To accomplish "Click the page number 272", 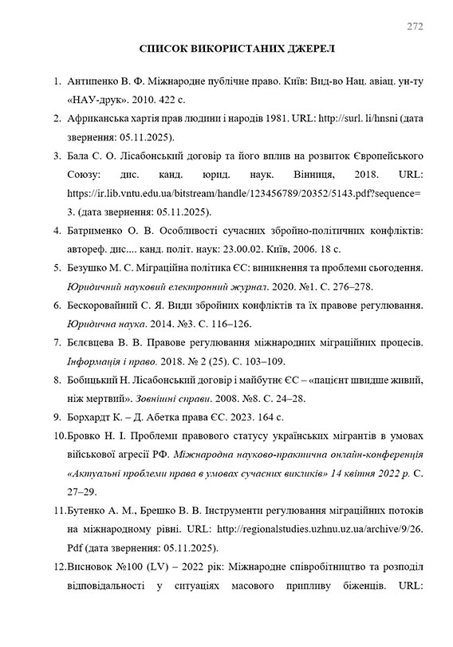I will (x=414, y=25).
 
